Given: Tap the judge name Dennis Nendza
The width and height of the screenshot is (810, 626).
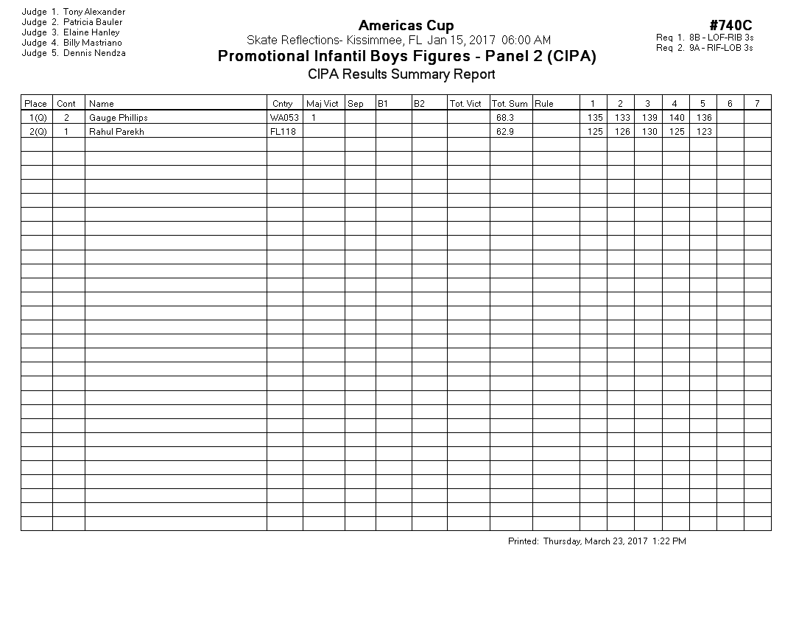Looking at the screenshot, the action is coord(94,53).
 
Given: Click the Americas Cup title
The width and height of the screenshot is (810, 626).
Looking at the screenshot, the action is coord(406,27).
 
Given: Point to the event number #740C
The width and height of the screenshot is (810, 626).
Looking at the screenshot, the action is coord(730,27).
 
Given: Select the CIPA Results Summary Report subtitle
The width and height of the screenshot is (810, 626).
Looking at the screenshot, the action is coord(401,74).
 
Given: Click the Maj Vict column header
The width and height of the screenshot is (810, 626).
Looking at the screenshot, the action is coord(323,104).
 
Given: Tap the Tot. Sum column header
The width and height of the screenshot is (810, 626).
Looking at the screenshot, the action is coord(510,104).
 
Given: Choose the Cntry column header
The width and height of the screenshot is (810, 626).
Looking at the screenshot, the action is coord(282,104).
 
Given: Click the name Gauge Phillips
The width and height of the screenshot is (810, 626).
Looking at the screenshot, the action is coord(118,118).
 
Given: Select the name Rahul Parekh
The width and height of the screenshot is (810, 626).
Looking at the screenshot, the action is coord(116,132).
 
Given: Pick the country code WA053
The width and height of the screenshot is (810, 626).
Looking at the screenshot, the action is coord(284,118).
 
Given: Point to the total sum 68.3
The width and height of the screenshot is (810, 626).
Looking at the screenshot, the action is coord(505,118).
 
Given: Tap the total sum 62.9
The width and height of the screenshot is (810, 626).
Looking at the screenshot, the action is coord(505,132).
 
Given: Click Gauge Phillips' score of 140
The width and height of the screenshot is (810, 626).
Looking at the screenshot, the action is coord(677,118).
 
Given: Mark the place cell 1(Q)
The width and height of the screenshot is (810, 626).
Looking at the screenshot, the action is coord(37,118).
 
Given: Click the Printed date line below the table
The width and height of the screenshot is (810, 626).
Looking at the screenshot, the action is coord(596,541).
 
